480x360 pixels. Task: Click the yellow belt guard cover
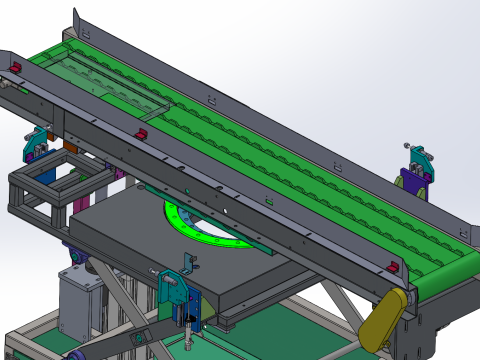point(384,320)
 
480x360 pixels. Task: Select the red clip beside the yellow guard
point(394,267)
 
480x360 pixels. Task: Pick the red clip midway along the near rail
point(141,133)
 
